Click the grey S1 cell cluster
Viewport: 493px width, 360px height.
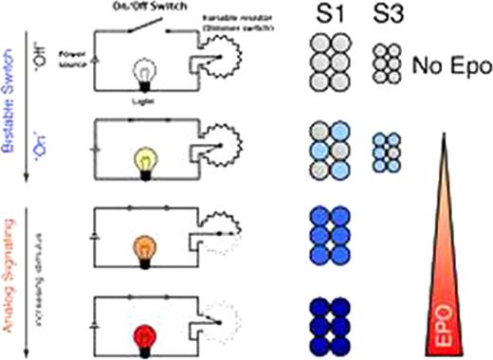click(330, 64)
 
